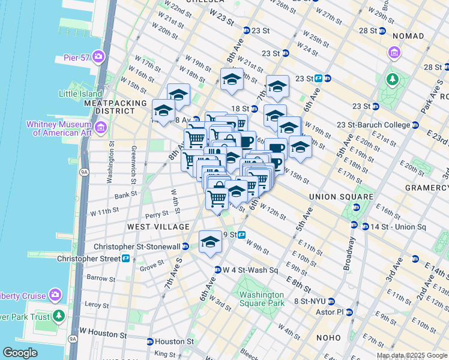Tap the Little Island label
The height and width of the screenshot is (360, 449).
pyautogui.click(x=81, y=94)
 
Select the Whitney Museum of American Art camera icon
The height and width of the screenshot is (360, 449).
pyautogui.click(x=100, y=127)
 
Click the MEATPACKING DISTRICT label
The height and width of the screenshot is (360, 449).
pyautogui.click(x=115, y=107)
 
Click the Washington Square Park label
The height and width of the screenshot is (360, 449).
pyautogui.click(x=261, y=299)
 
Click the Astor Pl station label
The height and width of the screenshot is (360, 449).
pyautogui.click(x=331, y=312)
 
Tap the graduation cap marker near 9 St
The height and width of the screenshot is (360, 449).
pyautogui.click(x=210, y=241)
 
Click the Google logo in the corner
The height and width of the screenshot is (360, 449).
pyautogui.click(x=20, y=352)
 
